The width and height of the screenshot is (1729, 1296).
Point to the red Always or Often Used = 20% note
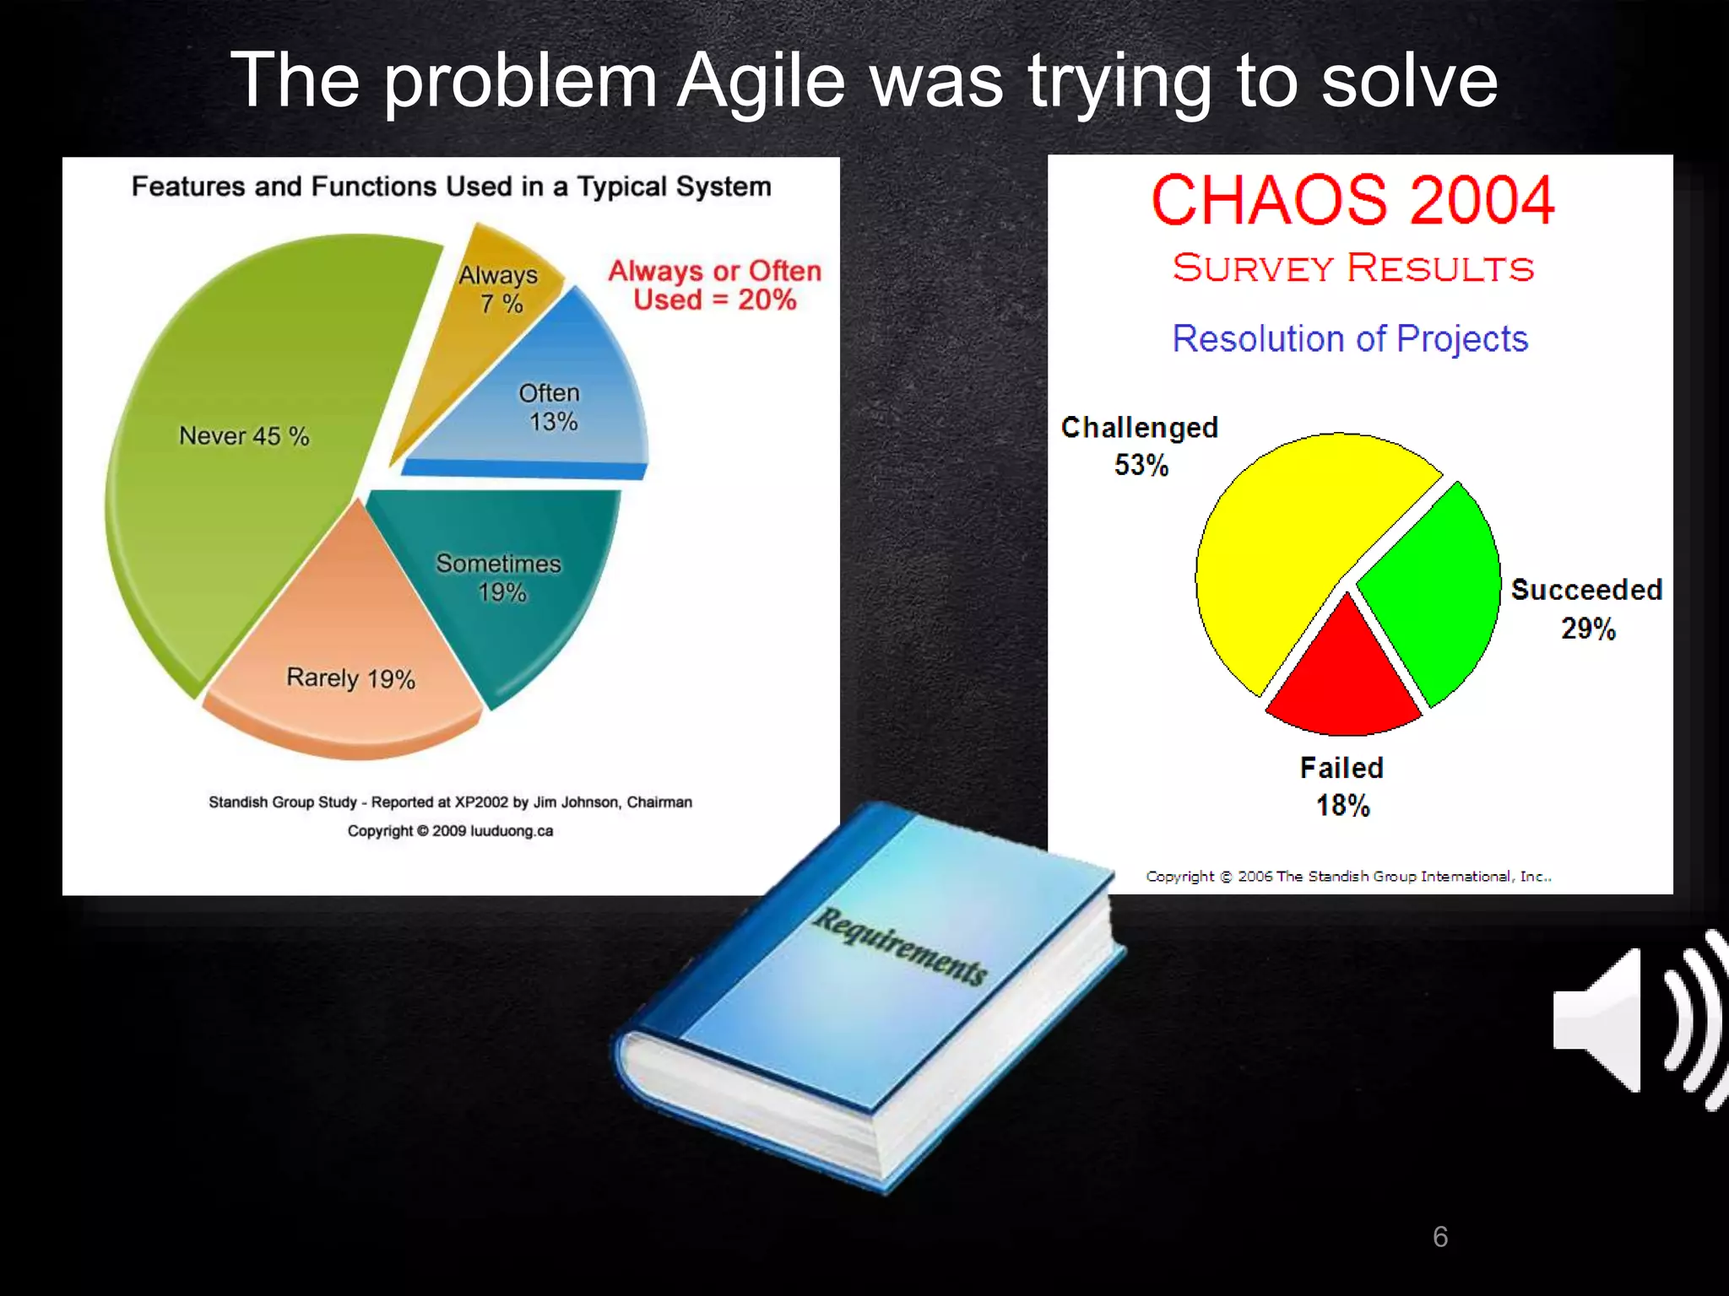[x=715, y=285]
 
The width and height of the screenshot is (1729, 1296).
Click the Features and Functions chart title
[x=451, y=186]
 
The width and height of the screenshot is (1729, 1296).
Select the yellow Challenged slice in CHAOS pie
[x=1292, y=540]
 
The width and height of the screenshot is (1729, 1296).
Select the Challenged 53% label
[x=1140, y=445]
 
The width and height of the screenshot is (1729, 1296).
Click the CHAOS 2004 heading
[x=1352, y=201]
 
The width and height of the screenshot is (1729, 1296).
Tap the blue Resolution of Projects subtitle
[x=1350, y=338]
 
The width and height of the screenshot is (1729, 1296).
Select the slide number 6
[x=1440, y=1237]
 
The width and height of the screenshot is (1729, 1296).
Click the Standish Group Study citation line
[x=450, y=802]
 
